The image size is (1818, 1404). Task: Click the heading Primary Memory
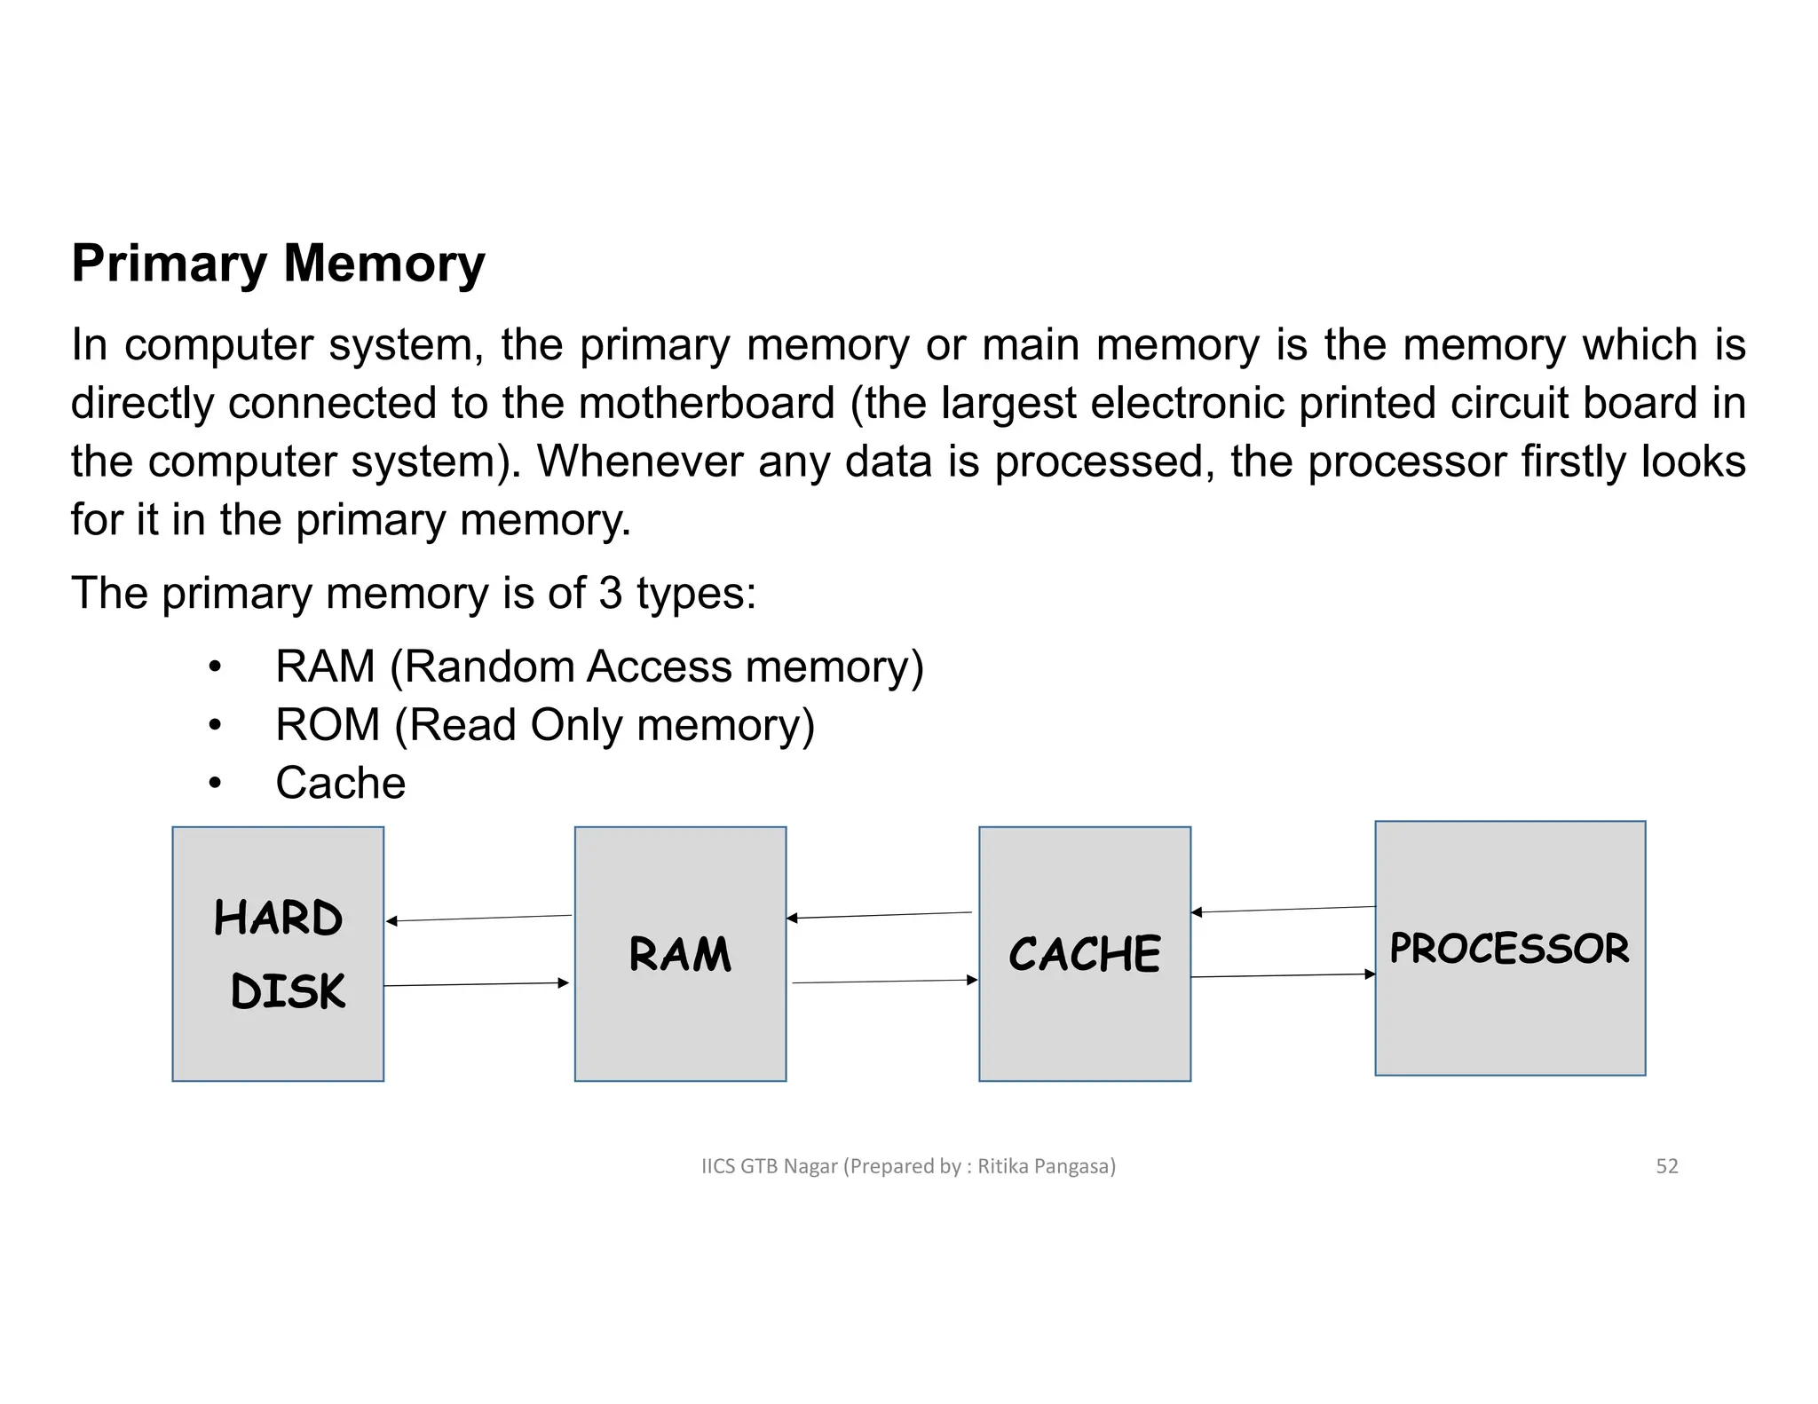pos(278,264)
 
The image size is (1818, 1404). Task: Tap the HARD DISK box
pos(278,953)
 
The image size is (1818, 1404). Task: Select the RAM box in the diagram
pos(680,954)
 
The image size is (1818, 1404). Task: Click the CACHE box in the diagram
pos(1084,954)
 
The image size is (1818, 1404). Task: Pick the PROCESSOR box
pos(1509,948)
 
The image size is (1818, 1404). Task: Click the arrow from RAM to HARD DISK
pos(479,919)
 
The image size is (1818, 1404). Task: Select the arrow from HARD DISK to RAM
pos(476,984)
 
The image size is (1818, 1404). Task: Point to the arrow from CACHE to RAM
pos(879,915)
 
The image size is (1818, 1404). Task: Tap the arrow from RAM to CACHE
pos(884,982)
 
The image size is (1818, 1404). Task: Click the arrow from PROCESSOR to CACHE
pos(1283,910)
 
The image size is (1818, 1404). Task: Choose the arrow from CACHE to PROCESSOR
pos(1283,975)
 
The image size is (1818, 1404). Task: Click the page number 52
pos(1666,1166)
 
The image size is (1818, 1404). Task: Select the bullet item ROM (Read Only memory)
pos(544,725)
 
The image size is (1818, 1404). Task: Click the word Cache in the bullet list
pos(340,783)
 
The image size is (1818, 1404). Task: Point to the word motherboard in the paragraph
pos(707,403)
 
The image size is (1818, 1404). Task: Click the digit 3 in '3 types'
pos(610,593)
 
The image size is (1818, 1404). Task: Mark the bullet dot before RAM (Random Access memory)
pos(214,667)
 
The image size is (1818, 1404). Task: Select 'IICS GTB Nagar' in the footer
pos(769,1166)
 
